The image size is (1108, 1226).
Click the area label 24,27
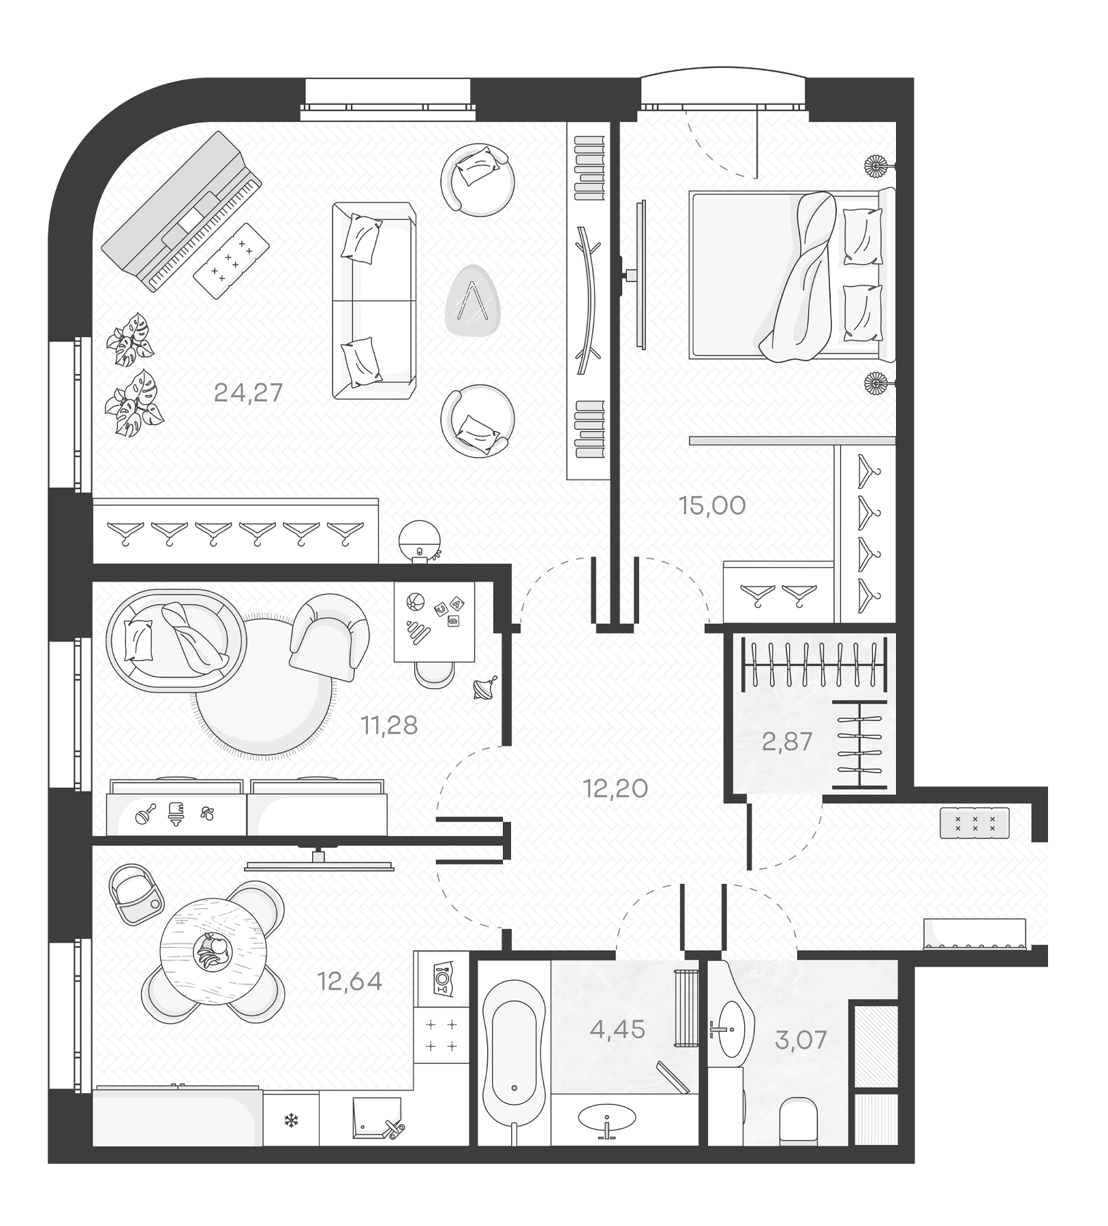click(x=248, y=393)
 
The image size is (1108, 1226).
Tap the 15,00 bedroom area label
click(x=712, y=506)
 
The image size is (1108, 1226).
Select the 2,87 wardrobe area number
click(x=787, y=741)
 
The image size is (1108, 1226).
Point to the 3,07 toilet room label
click(x=801, y=1040)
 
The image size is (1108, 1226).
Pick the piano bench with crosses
click(x=232, y=260)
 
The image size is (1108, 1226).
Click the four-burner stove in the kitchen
click(x=441, y=1035)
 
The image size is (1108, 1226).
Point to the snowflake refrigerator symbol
click(x=291, y=1120)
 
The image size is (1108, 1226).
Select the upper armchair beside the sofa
click(x=477, y=179)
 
